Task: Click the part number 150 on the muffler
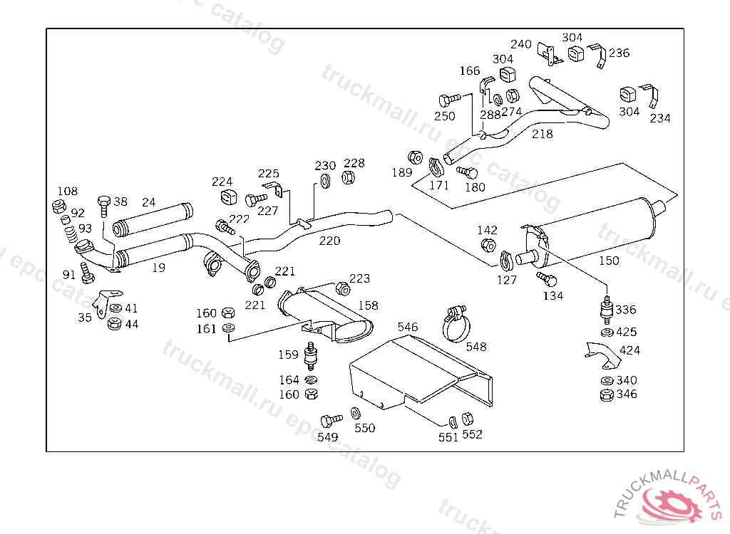(x=609, y=261)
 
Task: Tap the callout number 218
(x=543, y=134)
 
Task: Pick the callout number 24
(x=148, y=202)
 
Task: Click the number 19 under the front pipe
(x=158, y=268)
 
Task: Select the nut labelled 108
(x=60, y=207)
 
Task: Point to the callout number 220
(x=329, y=241)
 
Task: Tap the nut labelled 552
(x=468, y=418)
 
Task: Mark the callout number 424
(x=630, y=350)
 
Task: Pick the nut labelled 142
(x=488, y=245)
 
